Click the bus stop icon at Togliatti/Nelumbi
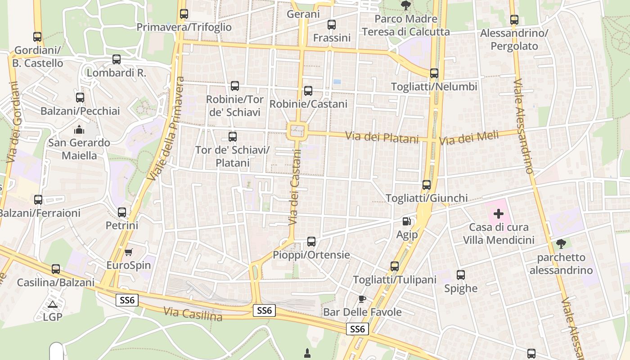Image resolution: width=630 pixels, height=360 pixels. [434, 73]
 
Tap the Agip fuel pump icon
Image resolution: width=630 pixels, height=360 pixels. [407, 221]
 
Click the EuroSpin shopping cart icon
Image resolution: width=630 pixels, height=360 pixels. [129, 252]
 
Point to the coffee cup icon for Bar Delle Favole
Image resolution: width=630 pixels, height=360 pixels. [362, 299]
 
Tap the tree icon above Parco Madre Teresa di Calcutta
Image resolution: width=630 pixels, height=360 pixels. [406, 5]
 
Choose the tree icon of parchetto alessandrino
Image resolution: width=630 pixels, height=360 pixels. [561, 244]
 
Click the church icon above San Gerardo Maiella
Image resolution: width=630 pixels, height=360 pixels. [79, 130]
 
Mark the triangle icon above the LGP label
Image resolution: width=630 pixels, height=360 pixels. [53, 304]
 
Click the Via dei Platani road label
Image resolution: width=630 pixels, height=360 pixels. [382, 137]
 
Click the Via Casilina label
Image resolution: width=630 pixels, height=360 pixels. [193, 314]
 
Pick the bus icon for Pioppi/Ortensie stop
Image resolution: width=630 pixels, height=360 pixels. [311, 242]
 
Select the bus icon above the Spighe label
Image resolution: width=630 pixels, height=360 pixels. [461, 275]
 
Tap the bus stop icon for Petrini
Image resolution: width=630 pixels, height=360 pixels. [122, 212]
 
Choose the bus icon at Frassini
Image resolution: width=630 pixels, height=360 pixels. [332, 25]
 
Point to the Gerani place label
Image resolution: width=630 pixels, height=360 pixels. [303, 14]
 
